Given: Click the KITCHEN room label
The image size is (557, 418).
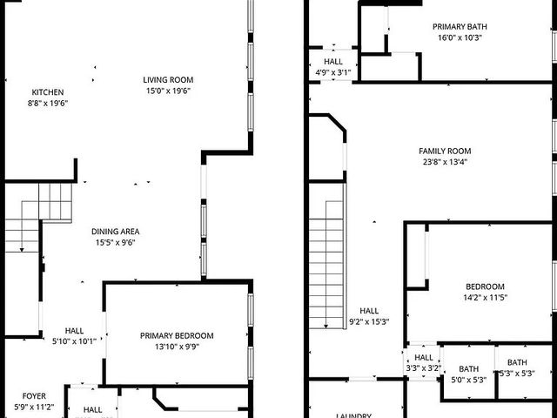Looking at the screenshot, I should click(48, 92).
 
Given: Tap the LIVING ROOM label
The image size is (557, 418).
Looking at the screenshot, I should click(168, 80).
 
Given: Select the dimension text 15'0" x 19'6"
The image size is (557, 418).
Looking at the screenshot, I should click(168, 91).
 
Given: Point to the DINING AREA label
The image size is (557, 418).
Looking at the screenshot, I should click(116, 232).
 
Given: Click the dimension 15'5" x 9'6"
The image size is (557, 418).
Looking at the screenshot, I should click(116, 242).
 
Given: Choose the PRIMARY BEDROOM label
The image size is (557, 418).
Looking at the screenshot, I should click(177, 336).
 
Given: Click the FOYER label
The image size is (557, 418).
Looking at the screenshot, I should click(35, 395).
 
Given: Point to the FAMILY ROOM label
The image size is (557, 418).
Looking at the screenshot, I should click(444, 151).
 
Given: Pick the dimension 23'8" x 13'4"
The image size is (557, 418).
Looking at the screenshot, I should click(444, 161).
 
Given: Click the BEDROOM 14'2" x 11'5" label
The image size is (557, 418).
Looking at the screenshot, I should click(484, 287).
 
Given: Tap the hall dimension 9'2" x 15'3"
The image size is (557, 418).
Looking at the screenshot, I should click(369, 321).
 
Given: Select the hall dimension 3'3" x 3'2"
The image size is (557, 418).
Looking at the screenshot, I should click(424, 367).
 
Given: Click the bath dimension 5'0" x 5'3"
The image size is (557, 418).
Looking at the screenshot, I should click(469, 379).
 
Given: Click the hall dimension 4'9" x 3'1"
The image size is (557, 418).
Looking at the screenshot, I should click(333, 73).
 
